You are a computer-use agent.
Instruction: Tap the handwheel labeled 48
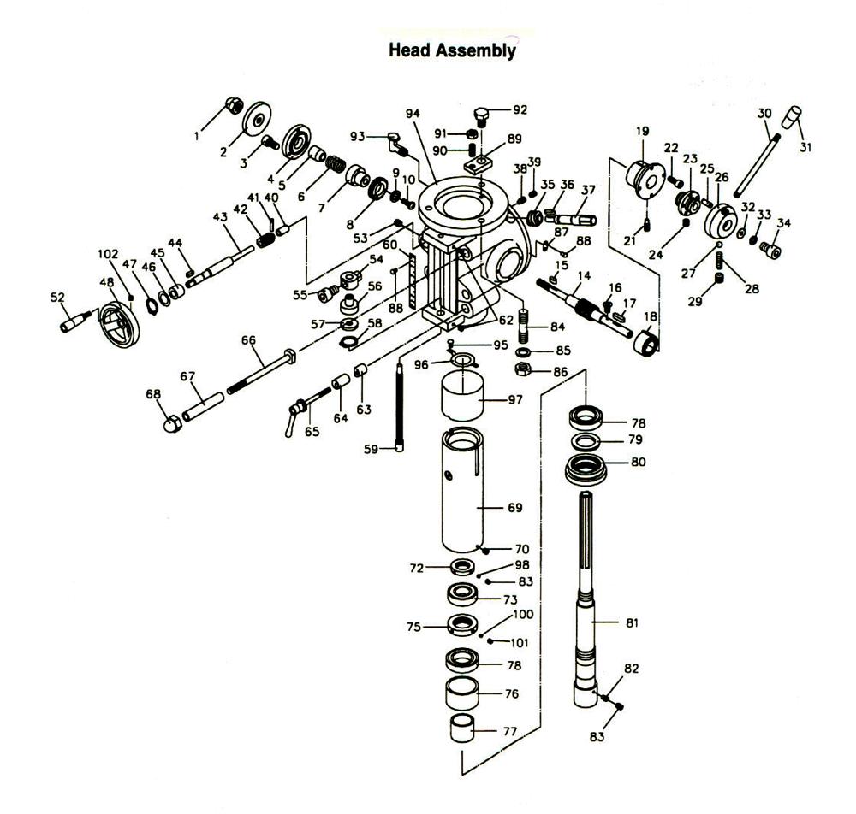coord(119,324)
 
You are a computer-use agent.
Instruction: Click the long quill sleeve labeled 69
coord(462,490)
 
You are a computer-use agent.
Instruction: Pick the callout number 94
coord(413,114)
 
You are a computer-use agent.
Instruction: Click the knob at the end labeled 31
coord(792,118)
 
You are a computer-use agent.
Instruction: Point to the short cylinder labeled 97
coord(462,396)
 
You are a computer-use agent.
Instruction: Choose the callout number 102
coord(108,254)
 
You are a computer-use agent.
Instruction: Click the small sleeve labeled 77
coord(462,728)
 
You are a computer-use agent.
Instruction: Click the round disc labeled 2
coord(257,119)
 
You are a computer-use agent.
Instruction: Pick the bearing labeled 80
coord(586,470)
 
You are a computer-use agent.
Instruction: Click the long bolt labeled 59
coord(400,407)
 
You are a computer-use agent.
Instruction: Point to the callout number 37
coord(587,189)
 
